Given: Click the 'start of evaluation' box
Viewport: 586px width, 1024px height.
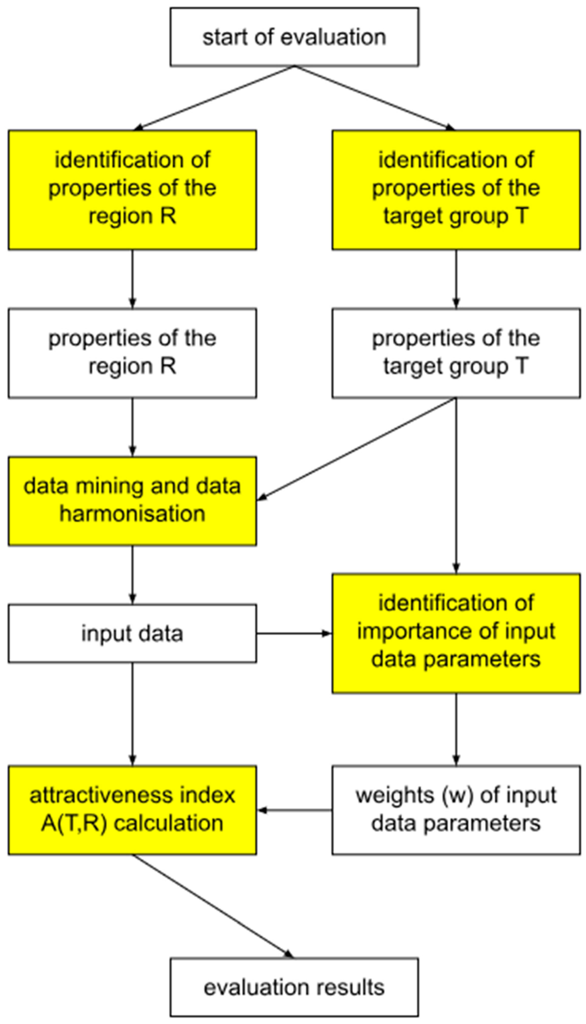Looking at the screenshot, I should [294, 37].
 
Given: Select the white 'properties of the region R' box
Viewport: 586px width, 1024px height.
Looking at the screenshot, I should [133, 353].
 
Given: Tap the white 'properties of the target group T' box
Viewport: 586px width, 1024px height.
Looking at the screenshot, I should [456, 353].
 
